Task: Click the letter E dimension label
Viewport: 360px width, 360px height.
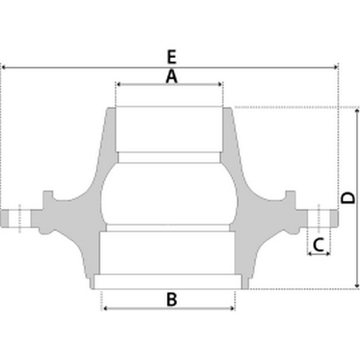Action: coord(172,56)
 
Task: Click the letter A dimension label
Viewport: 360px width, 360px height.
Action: coord(172,76)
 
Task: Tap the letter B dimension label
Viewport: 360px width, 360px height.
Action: coord(172,299)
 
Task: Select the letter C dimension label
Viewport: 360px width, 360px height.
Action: coord(318,245)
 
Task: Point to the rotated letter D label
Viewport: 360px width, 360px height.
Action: coord(349,197)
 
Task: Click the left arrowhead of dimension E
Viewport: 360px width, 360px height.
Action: coord(4,67)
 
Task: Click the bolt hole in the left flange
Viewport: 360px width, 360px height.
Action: coord(20,218)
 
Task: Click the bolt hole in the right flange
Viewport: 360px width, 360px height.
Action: coord(319,218)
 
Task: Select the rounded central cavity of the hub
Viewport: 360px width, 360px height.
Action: coord(169,194)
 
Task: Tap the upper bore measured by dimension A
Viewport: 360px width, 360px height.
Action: coord(169,129)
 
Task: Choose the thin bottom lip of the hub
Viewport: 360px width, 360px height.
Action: coord(169,281)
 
